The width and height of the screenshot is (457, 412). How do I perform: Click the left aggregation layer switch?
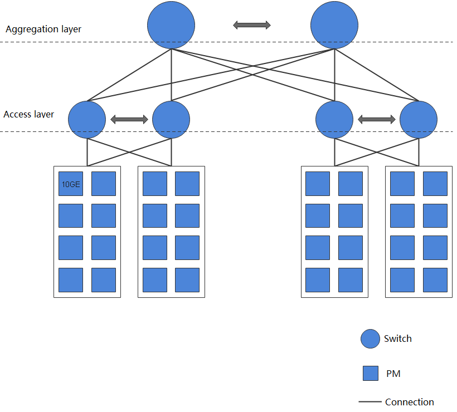click(x=171, y=25)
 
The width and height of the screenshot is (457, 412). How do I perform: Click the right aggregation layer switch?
click(x=334, y=25)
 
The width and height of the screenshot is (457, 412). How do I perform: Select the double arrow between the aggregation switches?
click(x=252, y=24)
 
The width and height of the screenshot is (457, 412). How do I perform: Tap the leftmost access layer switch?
click(x=87, y=119)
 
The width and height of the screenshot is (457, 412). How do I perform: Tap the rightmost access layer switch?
click(x=419, y=119)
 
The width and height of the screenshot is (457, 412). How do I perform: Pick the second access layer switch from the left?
click(x=171, y=119)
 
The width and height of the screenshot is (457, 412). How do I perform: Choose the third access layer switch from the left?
click(x=334, y=119)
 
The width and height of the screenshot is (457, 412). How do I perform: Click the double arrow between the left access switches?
click(x=129, y=119)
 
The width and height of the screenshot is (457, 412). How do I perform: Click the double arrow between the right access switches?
click(x=377, y=119)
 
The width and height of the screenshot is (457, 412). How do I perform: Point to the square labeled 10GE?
click(x=71, y=184)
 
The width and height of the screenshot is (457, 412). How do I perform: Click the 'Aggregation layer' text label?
click(x=43, y=30)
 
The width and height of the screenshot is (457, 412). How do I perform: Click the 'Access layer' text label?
click(x=29, y=114)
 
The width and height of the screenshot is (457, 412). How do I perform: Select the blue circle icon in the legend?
click(x=370, y=339)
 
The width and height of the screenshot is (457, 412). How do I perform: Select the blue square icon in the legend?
click(x=371, y=373)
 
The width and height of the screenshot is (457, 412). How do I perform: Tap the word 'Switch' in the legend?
click(x=398, y=339)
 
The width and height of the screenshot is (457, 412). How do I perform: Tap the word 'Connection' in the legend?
click(x=409, y=402)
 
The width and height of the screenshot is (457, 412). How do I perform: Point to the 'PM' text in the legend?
click(x=393, y=374)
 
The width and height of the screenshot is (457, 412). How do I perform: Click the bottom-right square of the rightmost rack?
click(x=435, y=280)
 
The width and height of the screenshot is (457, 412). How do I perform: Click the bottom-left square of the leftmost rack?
click(x=71, y=280)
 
